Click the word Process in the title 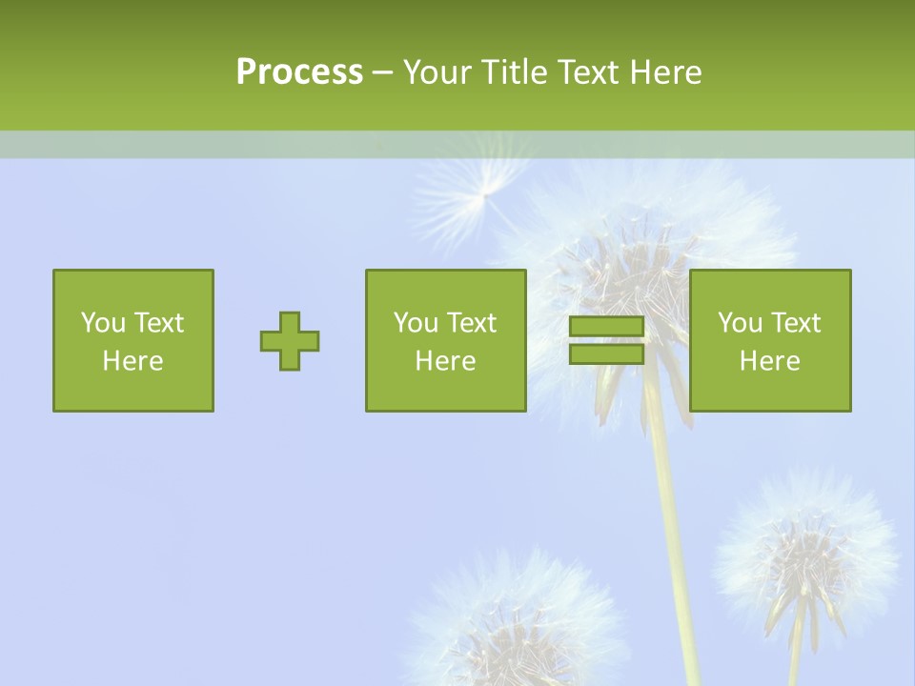299,72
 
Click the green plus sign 290,341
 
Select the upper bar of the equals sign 606,327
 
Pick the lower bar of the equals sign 606,353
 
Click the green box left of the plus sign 133,341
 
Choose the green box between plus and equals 445,341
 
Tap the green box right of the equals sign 770,341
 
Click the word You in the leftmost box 103,323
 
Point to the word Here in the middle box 445,361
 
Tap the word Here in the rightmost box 770,361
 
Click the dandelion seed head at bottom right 806,553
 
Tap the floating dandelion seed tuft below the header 477,191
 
